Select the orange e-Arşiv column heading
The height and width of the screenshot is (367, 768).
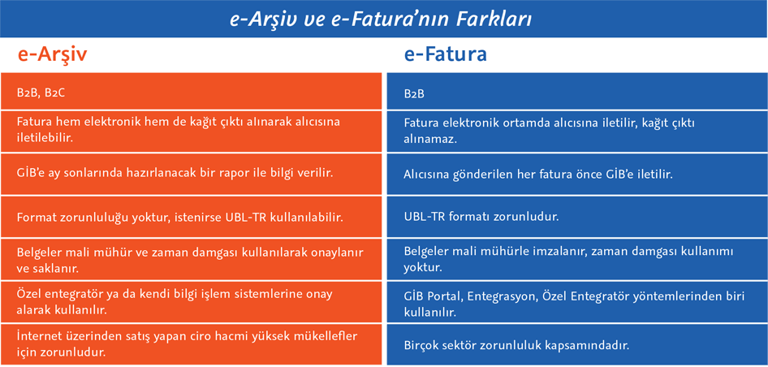tap(52, 54)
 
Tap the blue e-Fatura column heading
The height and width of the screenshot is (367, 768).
tap(445, 54)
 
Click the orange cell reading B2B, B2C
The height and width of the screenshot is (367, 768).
tap(191, 91)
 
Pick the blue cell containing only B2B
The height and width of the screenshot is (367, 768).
tap(577, 91)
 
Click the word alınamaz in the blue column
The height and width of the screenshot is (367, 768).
tap(430, 139)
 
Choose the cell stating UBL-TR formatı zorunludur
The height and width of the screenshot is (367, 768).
tap(577, 217)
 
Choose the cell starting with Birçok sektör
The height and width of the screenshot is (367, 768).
tap(577, 344)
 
